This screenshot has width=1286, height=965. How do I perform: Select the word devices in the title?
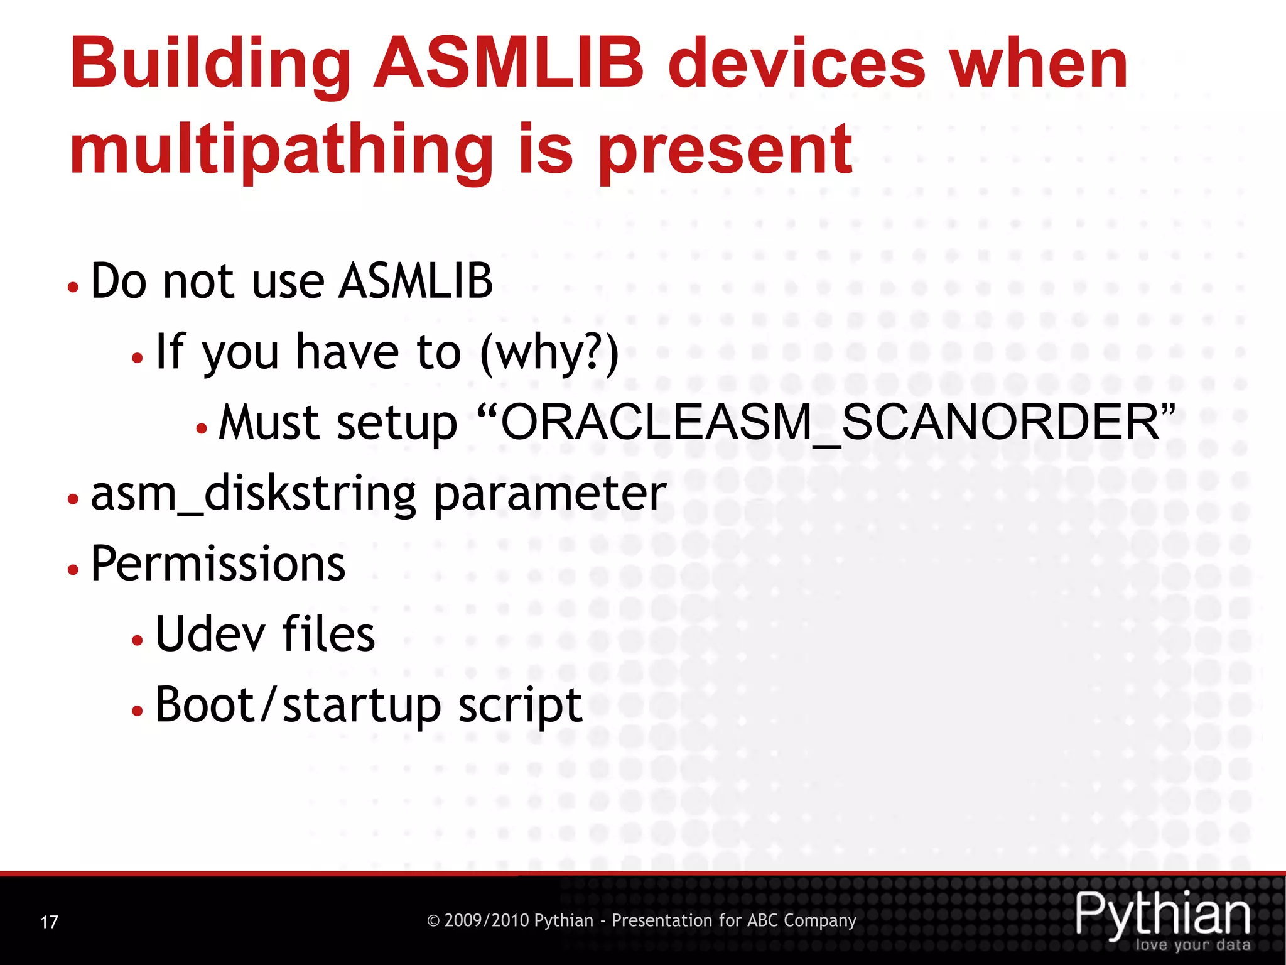click(796, 64)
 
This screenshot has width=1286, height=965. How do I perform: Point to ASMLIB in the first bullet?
click(416, 281)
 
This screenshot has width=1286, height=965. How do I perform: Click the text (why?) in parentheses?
click(549, 352)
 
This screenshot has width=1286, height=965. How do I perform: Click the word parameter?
click(550, 493)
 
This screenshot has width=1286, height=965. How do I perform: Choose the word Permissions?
click(218, 564)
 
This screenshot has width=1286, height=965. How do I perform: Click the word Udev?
click(210, 634)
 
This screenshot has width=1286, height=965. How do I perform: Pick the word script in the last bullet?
click(520, 705)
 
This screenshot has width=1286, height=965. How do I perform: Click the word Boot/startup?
click(298, 705)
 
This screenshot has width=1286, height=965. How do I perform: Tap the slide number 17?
click(49, 922)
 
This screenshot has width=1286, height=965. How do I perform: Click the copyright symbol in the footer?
click(433, 921)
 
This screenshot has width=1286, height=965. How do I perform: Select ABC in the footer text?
click(763, 920)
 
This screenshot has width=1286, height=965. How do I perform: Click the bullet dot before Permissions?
click(73, 569)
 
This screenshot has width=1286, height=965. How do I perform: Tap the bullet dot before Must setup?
click(202, 428)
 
